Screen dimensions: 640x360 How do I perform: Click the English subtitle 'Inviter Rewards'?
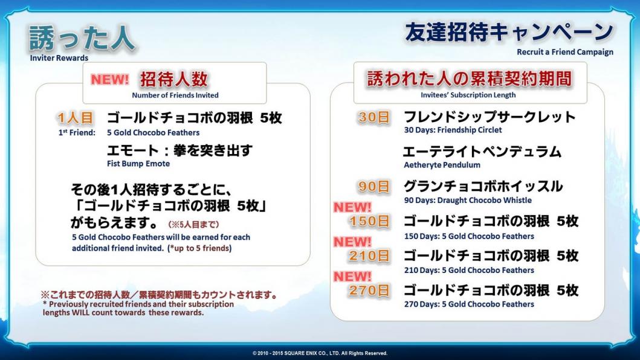(x=59, y=58)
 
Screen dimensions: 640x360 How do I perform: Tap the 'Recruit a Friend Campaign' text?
(x=565, y=52)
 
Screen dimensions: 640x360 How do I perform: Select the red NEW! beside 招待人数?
(x=109, y=79)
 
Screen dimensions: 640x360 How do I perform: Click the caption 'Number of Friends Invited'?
(x=175, y=95)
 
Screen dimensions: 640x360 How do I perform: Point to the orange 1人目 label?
(x=76, y=118)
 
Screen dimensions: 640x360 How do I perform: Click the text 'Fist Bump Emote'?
(x=138, y=164)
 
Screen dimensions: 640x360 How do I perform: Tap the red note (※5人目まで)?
(x=193, y=225)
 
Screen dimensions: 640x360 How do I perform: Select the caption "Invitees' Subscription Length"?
(x=468, y=95)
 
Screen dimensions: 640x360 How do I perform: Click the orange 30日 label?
(x=373, y=117)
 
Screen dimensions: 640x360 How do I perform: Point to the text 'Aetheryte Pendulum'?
(x=442, y=165)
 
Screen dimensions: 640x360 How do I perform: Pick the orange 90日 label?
(x=373, y=187)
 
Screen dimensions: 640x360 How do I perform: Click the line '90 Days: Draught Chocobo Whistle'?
(x=468, y=201)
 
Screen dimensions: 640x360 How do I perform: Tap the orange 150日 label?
(x=369, y=221)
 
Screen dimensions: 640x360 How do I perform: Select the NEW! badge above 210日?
(x=353, y=242)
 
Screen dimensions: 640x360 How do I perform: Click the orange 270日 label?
(x=369, y=291)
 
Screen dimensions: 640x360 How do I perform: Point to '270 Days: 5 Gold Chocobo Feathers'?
(x=469, y=304)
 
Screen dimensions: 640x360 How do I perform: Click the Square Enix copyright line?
(x=320, y=353)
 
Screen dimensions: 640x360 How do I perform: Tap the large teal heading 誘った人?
(x=82, y=39)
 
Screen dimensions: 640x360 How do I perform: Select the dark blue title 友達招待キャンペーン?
(x=509, y=32)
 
